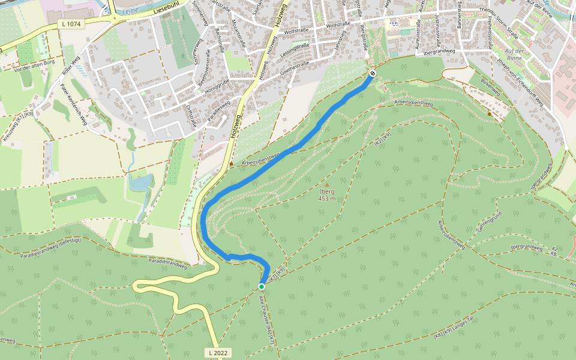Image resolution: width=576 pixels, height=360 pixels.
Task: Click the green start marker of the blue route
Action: coord(262,287)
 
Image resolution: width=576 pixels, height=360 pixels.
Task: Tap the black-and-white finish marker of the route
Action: coord(373,73)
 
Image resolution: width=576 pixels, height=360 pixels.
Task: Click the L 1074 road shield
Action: coord(70,23)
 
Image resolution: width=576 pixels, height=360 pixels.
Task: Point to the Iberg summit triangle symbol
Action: coord(327,184)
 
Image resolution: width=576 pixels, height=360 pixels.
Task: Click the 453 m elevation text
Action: coord(327,199)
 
